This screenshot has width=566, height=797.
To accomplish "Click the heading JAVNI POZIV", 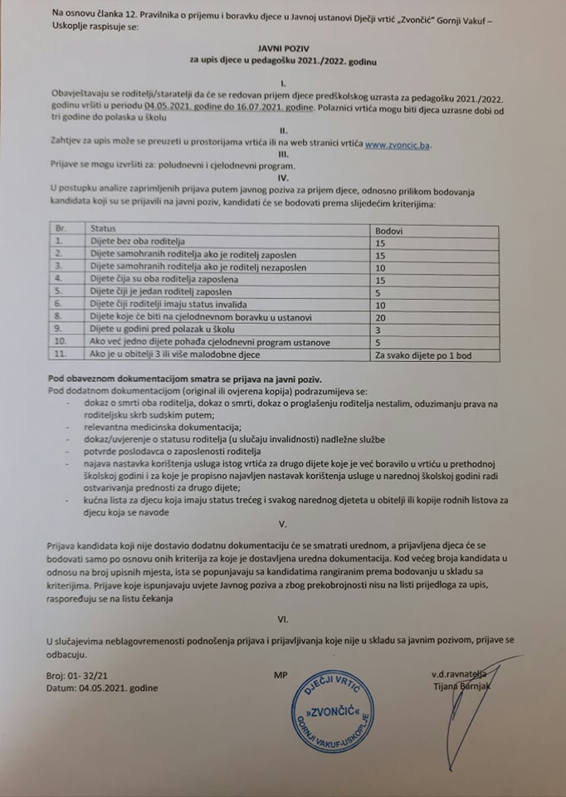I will click(x=282, y=50).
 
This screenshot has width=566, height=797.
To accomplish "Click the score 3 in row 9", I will click(x=379, y=330).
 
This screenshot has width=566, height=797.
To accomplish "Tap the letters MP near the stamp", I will click(x=278, y=676).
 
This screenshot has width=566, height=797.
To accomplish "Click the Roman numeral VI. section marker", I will click(x=283, y=619).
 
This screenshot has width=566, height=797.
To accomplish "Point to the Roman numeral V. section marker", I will click(x=283, y=524).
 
